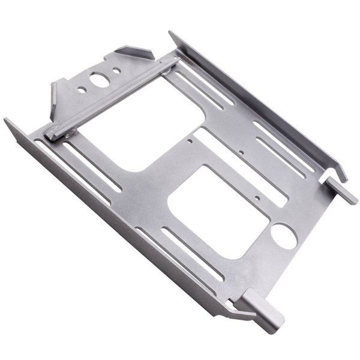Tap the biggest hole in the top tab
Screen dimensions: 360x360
[x=100, y=79]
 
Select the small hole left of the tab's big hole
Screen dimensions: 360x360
[x=82, y=90]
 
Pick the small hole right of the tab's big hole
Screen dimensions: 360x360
[x=116, y=70]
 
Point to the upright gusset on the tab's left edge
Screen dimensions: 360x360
[x=55, y=99]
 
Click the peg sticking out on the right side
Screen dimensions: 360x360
[x=341, y=189]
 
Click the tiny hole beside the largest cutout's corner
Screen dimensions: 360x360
[x=190, y=141]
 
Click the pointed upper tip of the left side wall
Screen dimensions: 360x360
[x=7, y=121]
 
